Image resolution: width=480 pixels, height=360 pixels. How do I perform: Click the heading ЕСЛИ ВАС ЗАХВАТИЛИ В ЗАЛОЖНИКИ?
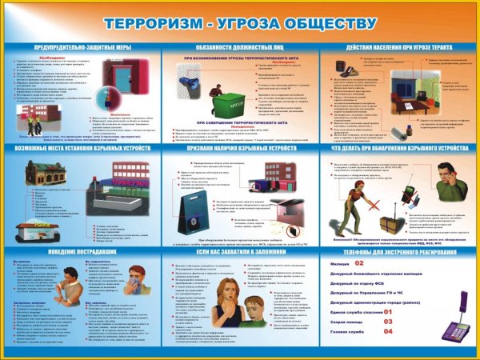(240, 251)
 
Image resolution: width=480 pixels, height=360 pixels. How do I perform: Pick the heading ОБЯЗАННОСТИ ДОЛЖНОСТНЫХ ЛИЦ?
(240, 47)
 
